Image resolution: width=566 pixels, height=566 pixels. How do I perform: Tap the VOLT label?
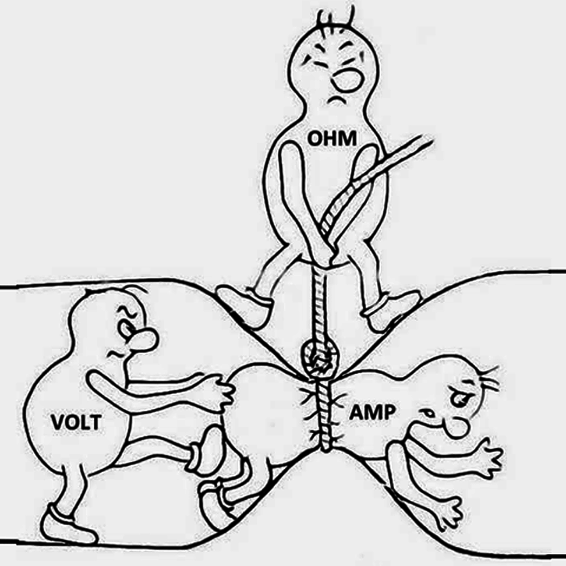pyautogui.click(x=76, y=422)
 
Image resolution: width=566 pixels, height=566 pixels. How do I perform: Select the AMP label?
pyautogui.click(x=372, y=412)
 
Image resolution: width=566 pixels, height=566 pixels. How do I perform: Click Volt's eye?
pyautogui.click(x=125, y=329)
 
